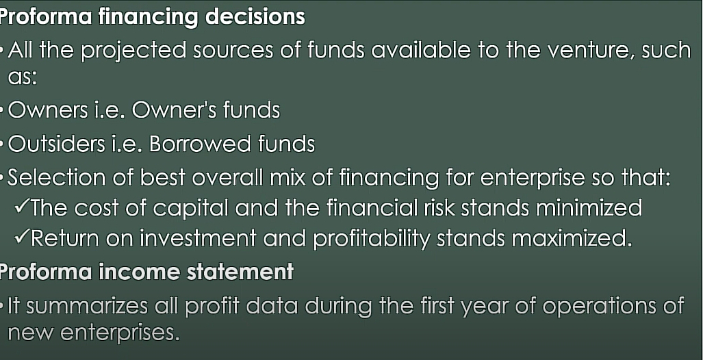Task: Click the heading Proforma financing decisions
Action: [x=153, y=18]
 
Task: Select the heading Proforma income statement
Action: [x=146, y=272]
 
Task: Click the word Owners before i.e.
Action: [x=48, y=110]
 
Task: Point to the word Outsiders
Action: [x=56, y=144]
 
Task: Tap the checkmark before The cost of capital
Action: [x=22, y=207]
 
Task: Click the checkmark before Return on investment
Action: [x=22, y=238]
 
